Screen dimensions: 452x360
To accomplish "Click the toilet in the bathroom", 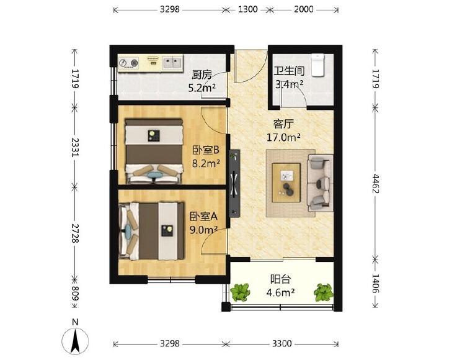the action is [x=318, y=65].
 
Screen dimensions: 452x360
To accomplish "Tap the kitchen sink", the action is [x=172, y=62].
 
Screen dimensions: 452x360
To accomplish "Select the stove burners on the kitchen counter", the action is [x=128, y=63].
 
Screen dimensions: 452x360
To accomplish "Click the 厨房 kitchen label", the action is [x=202, y=75].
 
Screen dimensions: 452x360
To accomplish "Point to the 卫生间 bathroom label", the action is [x=289, y=71].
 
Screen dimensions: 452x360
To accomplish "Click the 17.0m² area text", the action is [x=283, y=137].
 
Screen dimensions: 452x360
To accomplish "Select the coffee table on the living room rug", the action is [x=286, y=182].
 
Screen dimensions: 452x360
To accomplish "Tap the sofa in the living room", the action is [x=320, y=183].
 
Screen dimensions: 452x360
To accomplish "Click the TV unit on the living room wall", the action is [x=234, y=184].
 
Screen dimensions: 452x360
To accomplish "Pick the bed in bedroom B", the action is [x=154, y=151].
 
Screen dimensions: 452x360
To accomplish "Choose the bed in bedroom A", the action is [x=151, y=231].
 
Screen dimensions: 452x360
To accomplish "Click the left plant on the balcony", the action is [x=240, y=292].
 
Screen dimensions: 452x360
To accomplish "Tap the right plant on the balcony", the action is [x=324, y=292].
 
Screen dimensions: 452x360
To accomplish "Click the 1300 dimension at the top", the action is [x=247, y=9].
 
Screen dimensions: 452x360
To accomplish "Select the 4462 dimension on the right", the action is [x=376, y=183].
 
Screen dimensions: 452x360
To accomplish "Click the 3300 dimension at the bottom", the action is [x=281, y=344].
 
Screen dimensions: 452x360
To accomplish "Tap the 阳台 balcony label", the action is [x=280, y=279].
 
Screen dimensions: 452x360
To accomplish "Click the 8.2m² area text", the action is [x=206, y=164].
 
